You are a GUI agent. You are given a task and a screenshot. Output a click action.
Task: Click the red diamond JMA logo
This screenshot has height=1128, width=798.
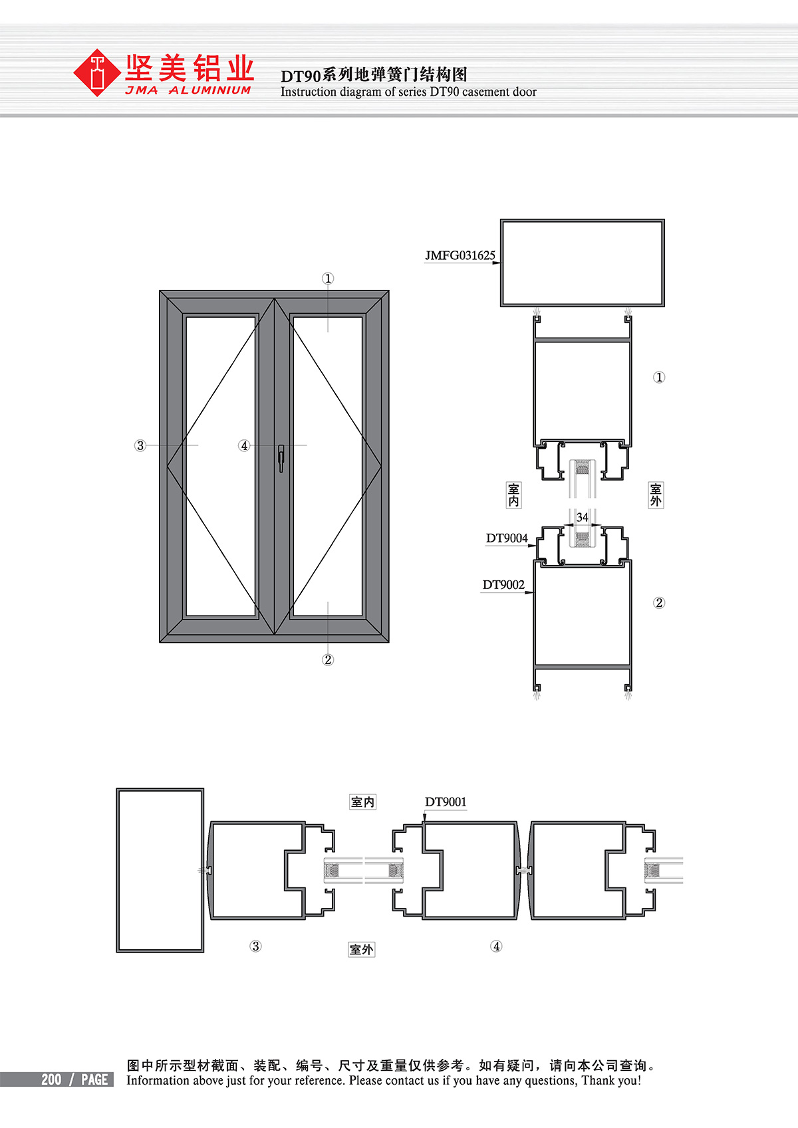(x=96, y=72)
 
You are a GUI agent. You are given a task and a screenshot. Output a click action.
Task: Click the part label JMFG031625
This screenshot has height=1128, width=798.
(x=460, y=255)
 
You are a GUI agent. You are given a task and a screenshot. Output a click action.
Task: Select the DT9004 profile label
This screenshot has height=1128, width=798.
(x=507, y=538)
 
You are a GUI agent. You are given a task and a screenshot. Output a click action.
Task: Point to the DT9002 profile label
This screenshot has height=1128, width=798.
(x=503, y=585)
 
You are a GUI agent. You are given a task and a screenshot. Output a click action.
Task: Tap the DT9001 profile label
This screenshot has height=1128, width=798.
(x=446, y=802)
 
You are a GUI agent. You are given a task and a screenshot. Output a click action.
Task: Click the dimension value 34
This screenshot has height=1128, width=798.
(x=582, y=517)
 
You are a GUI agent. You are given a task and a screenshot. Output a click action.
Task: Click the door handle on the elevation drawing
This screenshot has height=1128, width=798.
(x=281, y=458)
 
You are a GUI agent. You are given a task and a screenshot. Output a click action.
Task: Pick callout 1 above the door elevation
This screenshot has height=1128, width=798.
(x=328, y=279)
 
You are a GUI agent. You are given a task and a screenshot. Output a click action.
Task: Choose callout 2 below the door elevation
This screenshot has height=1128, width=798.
(x=328, y=659)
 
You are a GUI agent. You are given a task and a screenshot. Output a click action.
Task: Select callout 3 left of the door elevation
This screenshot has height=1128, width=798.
(x=140, y=445)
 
